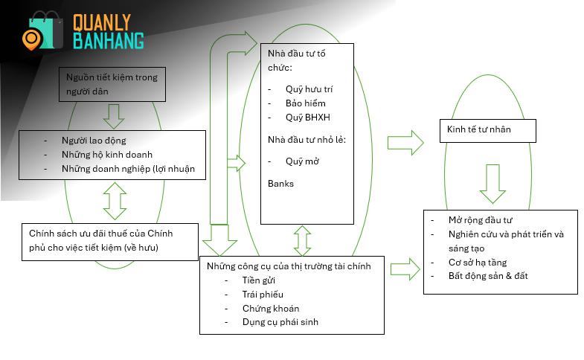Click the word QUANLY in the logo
pyautogui.click(x=102, y=22)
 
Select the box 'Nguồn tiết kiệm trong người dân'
pyautogui.click(x=112, y=84)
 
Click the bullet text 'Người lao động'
pyautogui.click(x=94, y=141)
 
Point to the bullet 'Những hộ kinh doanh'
pyautogui.click(x=107, y=155)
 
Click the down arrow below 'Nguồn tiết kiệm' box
pyautogui.click(x=114, y=116)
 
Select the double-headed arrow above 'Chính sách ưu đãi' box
pyautogui.click(x=115, y=201)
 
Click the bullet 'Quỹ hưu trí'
pyautogui.click(x=309, y=89)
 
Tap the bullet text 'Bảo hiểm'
pyautogui.click(x=306, y=103)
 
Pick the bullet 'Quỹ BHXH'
pyautogui.click(x=308, y=118)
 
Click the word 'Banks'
pyautogui.click(x=280, y=184)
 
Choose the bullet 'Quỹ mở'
pyautogui.click(x=302, y=161)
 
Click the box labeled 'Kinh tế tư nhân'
pyautogui.click(x=488, y=131)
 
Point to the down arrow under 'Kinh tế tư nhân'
pyautogui.click(x=492, y=184)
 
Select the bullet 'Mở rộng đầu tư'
pyautogui.click(x=481, y=220)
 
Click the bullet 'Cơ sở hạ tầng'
pyautogui.click(x=478, y=263)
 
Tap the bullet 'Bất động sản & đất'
pyautogui.click(x=488, y=276)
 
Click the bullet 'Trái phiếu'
pyautogui.click(x=263, y=295)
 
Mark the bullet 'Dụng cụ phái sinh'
pyautogui.click(x=280, y=322)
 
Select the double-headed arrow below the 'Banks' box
pyautogui.click(x=303, y=240)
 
